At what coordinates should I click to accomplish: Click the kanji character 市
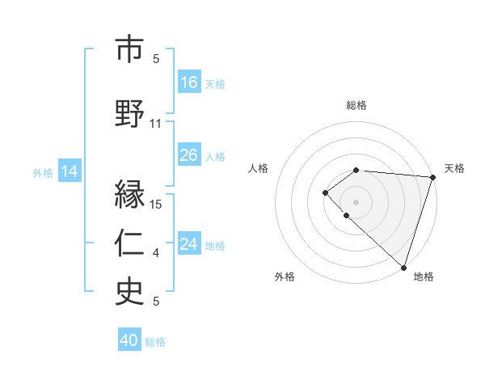129,50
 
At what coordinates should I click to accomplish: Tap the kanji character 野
129,113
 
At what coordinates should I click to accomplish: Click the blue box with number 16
189,82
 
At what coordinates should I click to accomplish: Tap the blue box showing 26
189,155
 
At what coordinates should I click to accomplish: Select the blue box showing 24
189,244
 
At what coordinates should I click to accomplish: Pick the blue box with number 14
70,171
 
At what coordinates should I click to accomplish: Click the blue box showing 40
129,340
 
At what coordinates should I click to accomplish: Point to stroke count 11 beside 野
156,124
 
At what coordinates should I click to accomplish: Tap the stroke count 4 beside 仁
156,254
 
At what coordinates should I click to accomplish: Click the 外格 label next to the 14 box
43,172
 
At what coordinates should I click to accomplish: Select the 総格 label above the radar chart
356,105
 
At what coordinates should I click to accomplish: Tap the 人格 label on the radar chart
259,168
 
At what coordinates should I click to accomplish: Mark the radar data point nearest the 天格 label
432,177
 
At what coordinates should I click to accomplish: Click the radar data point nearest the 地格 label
403,267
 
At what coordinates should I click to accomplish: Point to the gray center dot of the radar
356,201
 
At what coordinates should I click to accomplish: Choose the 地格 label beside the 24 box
215,245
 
